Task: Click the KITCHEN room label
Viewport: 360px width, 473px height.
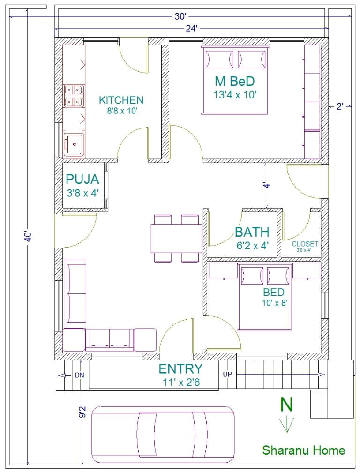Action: tap(121, 100)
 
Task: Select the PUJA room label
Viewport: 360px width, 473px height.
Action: tap(82, 179)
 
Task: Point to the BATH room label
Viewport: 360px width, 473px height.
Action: tap(252, 232)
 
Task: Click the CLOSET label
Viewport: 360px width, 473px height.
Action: tap(305, 244)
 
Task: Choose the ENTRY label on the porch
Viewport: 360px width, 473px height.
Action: tap(180, 368)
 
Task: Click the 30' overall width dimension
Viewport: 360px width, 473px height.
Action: tap(180, 17)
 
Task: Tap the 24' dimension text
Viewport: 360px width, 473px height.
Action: tap(191, 29)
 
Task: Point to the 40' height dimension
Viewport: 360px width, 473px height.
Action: tap(29, 236)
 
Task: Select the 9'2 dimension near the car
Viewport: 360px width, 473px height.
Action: tap(82, 412)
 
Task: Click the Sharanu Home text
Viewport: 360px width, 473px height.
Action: tap(303, 450)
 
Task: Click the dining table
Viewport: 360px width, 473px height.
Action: tap(176, 238)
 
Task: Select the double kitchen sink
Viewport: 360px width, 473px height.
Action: tap(74, 95)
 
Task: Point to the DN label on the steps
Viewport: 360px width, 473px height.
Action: tap(79, 375)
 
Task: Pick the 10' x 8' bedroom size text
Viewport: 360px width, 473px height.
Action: tap(274, 302)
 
